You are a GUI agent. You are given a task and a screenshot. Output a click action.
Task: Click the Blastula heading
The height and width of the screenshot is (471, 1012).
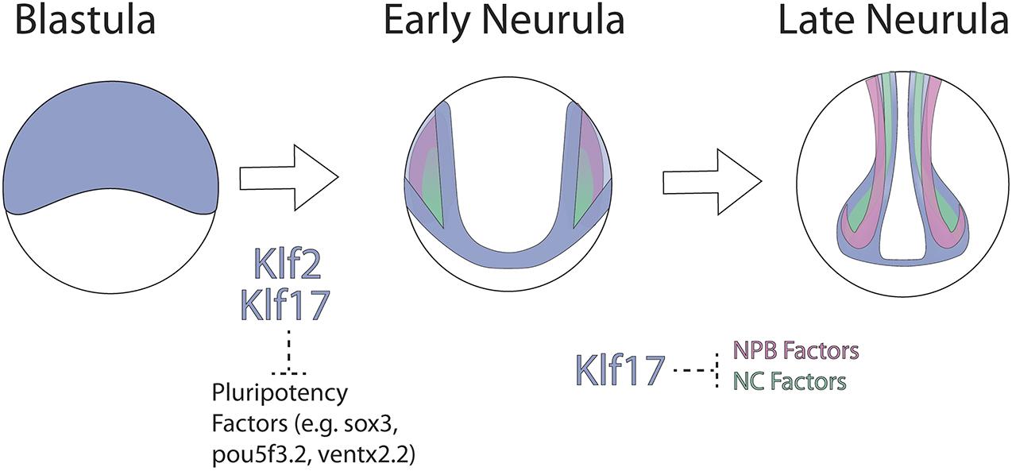tap(85, 21)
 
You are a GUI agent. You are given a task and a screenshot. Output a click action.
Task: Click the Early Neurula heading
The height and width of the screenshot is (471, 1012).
tap(504, 21)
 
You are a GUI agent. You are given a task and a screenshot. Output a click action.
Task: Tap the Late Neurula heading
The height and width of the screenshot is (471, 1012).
tap(894, 21)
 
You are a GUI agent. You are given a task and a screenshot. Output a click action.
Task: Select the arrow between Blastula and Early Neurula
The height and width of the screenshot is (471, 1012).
tap(289, 179)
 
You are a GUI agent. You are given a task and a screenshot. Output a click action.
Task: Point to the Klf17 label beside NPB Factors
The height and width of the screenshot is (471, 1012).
tap(621, 370)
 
